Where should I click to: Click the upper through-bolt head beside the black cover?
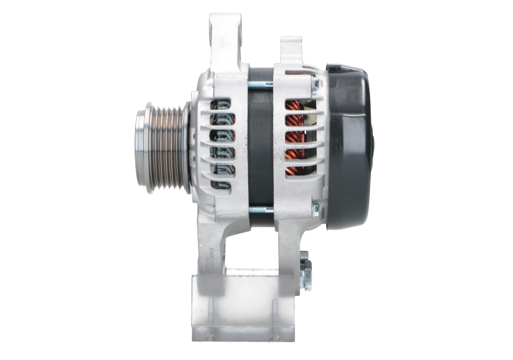pyautogui.click(x=315, y=81)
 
